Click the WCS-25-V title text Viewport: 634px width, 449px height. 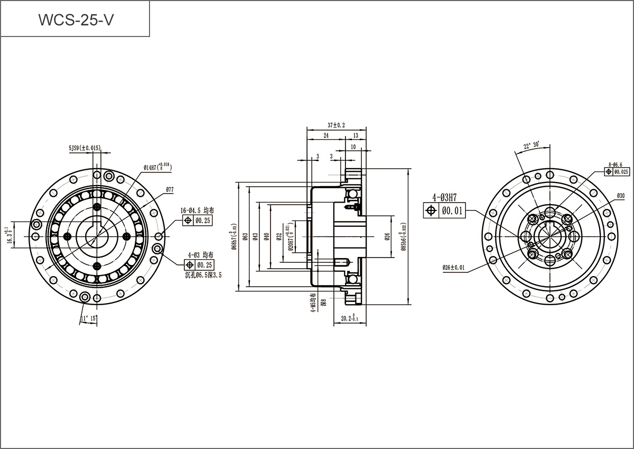point(74,20)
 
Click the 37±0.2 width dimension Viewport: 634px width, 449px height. point(336,125)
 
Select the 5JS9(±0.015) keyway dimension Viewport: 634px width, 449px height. point(85,148)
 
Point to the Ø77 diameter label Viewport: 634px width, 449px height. point(170,189)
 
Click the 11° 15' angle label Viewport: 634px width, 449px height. point(88,318)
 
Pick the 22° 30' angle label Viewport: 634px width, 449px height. point(531,145)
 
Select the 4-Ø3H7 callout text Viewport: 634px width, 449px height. point(444,198)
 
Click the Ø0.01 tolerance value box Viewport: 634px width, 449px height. point(452,211)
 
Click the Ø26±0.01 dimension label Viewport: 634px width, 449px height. point(454,268)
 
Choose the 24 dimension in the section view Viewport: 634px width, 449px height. point(326,136)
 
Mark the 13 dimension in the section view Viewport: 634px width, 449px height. point(356,136)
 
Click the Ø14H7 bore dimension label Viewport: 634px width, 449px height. point(157,168)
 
